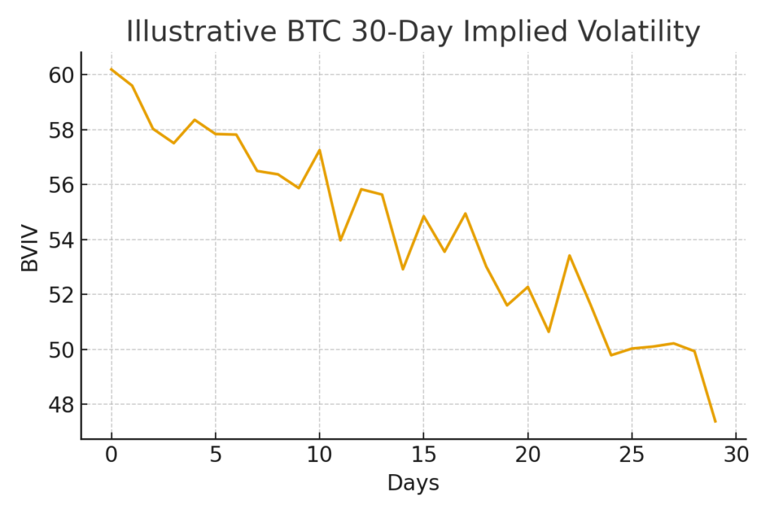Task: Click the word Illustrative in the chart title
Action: (192, 32)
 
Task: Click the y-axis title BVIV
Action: (30, 245)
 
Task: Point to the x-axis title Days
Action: (413, 483)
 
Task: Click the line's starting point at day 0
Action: (111, 69)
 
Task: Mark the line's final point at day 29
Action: (714, 421)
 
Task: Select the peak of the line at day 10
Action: (320, 150)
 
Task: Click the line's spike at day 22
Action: (569, 255)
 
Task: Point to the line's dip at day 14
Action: (403, 269)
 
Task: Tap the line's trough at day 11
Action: (341, 240)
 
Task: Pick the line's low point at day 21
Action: (548, 332)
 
